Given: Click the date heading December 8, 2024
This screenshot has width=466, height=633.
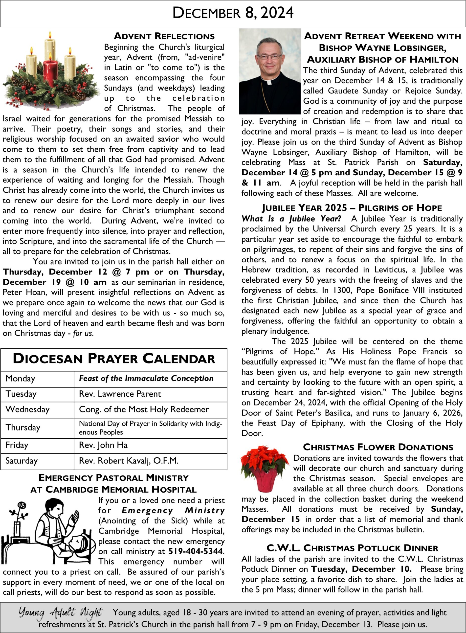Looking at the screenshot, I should point(233,13).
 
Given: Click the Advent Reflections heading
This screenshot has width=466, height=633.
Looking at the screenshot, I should point(164,36).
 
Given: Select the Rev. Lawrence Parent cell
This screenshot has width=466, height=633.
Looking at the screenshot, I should point(120,394).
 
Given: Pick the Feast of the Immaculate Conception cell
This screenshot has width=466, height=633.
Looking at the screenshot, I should point(146,379).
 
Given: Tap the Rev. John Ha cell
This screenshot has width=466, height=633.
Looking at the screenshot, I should point(103,445).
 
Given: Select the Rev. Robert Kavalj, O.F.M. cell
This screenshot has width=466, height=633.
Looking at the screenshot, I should point(129,461).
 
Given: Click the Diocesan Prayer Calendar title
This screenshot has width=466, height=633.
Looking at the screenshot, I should point(114,359).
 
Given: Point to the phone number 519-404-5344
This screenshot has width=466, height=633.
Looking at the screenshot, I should point(196,551).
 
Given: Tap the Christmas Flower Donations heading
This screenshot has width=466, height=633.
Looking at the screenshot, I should point(378,447).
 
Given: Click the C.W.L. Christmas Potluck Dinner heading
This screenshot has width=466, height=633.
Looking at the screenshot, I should point(352,548).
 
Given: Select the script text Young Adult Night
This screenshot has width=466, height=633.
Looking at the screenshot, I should point(61,612).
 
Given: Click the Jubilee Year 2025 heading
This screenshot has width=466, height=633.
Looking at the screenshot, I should point(352,208).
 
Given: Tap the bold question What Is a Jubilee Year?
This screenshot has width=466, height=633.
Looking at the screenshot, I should point(291,219).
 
